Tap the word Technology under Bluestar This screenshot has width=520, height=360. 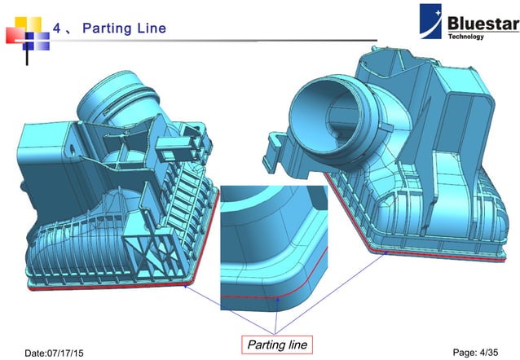point(466,37)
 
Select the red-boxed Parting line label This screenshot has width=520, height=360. point(276,345)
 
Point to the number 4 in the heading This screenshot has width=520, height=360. point(57,29)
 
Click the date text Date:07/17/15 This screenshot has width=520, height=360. point(62,352)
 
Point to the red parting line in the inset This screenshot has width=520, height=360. point(261,296)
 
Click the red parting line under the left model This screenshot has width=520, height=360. point(114,286)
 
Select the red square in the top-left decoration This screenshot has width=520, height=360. point(12,34)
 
